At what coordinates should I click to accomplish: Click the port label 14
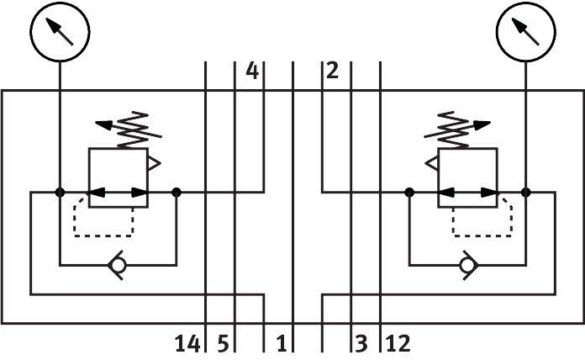(187, 343)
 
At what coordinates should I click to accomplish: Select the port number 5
(223, 343)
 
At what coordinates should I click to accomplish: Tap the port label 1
(282, 343)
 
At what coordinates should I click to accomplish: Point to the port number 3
(361, 343)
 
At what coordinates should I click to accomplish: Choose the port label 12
(398, 343)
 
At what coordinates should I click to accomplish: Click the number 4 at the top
(252, 71)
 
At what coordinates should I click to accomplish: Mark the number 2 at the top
(332, 71)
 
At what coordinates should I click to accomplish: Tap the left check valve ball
(118, 266)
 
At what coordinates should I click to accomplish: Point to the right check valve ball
(467, 266)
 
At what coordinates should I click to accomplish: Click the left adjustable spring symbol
(129, 130)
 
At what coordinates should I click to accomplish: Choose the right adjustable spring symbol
(457, 130)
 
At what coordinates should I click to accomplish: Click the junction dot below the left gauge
(60, 193)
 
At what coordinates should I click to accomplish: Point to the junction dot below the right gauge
(525, 193)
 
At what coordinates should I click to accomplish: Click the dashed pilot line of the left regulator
(103, 236)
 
